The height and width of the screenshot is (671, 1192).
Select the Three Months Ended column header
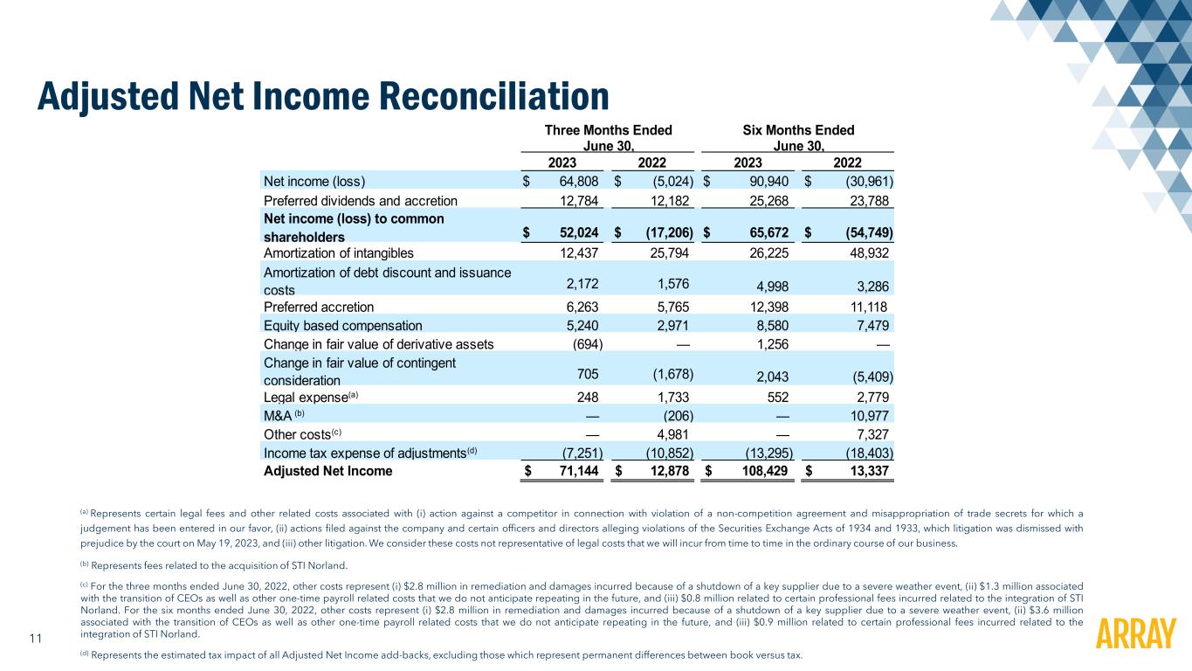pyautogui.click(x=608, y=131)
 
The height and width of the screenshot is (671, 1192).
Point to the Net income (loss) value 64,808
pyautogui.click(x=573, y=182)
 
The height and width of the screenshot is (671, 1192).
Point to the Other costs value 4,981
pyautogui.click(x=672, y=434)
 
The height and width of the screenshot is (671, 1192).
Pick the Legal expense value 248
pyautogui.click(x=588, y=398)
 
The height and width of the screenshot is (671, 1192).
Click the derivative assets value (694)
pyautogui.click(x=584, y=343)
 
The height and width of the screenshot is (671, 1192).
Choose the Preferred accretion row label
pyautogui.click(x=318, y=307)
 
